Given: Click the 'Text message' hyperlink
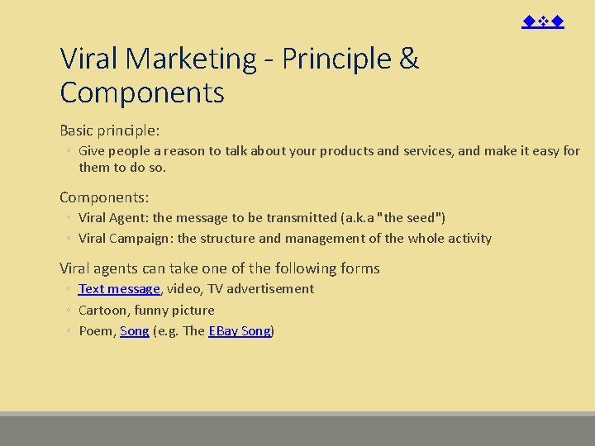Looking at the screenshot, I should click(119, 289).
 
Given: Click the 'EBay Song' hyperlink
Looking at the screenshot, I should click(240, 331).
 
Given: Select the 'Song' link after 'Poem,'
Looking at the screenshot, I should click(135, 331).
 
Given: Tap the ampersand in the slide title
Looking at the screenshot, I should click(408, 59).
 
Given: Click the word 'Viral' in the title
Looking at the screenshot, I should click(89, 59).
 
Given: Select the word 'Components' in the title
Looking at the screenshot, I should click(142, 93).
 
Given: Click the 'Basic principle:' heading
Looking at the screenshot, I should click(109, 130).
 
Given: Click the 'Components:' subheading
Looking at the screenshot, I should click(104, 197).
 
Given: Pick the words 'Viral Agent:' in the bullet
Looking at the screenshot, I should click(114, 218).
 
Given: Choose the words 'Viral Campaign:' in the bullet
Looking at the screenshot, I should click(126, 239).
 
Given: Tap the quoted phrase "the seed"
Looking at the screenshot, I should click(410, 218).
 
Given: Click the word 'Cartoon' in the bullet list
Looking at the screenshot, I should click(103, 311).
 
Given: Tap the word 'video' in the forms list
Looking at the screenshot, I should click(183, 289).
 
